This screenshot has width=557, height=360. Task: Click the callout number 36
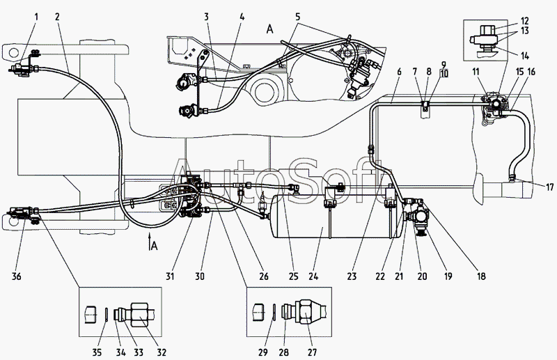click(17, 276)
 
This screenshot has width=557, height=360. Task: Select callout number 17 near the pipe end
click(550, 187)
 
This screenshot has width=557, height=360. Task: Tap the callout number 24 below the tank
click(313, 276)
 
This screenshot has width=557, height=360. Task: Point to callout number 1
click(36, 17)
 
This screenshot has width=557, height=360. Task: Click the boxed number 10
click(444, 74)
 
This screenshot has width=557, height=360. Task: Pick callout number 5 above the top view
click(298, 17)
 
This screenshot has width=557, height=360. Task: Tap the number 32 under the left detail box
click(162, 352)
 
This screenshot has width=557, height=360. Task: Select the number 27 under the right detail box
click(312, 352)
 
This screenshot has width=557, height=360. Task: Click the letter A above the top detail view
click(270, 29)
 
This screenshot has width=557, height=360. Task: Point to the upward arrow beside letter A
click(150, 242)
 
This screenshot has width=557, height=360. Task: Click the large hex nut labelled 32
click(139, 315)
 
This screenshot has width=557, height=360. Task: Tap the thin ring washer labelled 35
click(107, 315)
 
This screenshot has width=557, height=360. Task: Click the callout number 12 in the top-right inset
click(525, 22)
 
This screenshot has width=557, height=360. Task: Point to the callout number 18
click(481, 276)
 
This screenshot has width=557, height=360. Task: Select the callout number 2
click(58, 17)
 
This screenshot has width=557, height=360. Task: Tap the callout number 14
click(525, 56)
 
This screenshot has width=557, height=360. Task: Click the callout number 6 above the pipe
click(399, 72)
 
